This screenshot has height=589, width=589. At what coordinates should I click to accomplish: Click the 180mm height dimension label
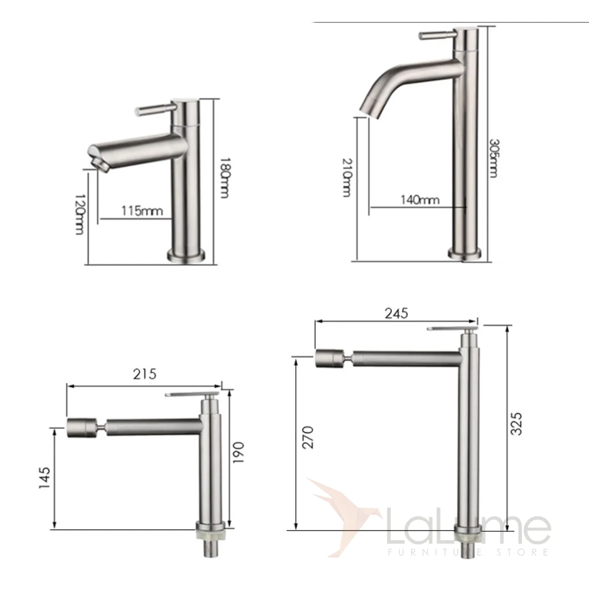225,178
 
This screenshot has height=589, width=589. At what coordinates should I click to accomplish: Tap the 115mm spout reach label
142,211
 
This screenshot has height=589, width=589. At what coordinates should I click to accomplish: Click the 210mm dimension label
347,177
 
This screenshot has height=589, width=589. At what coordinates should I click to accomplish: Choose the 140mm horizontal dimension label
420,200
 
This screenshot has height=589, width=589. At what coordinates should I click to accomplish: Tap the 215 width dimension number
144,374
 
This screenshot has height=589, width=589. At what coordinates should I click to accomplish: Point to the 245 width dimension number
396,313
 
